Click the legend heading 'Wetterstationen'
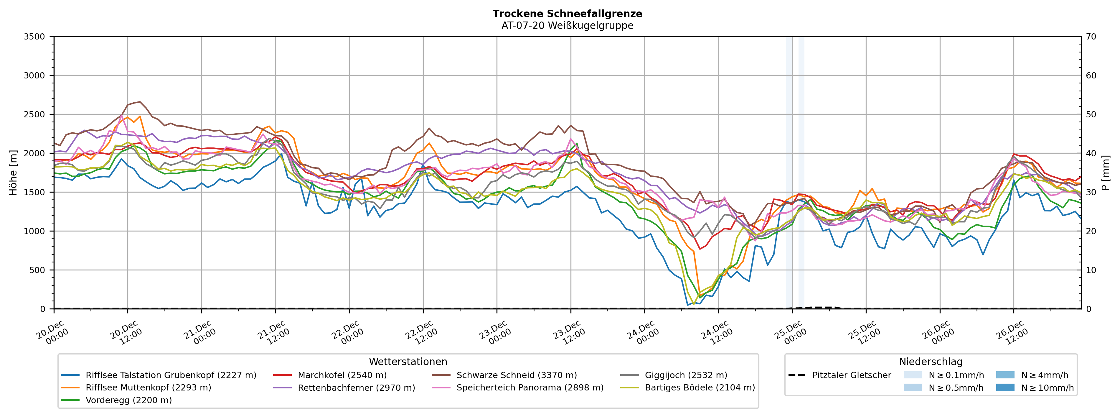pos(408,362)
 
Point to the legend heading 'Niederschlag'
pos(931,362)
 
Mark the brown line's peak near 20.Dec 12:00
pos(139,102)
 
